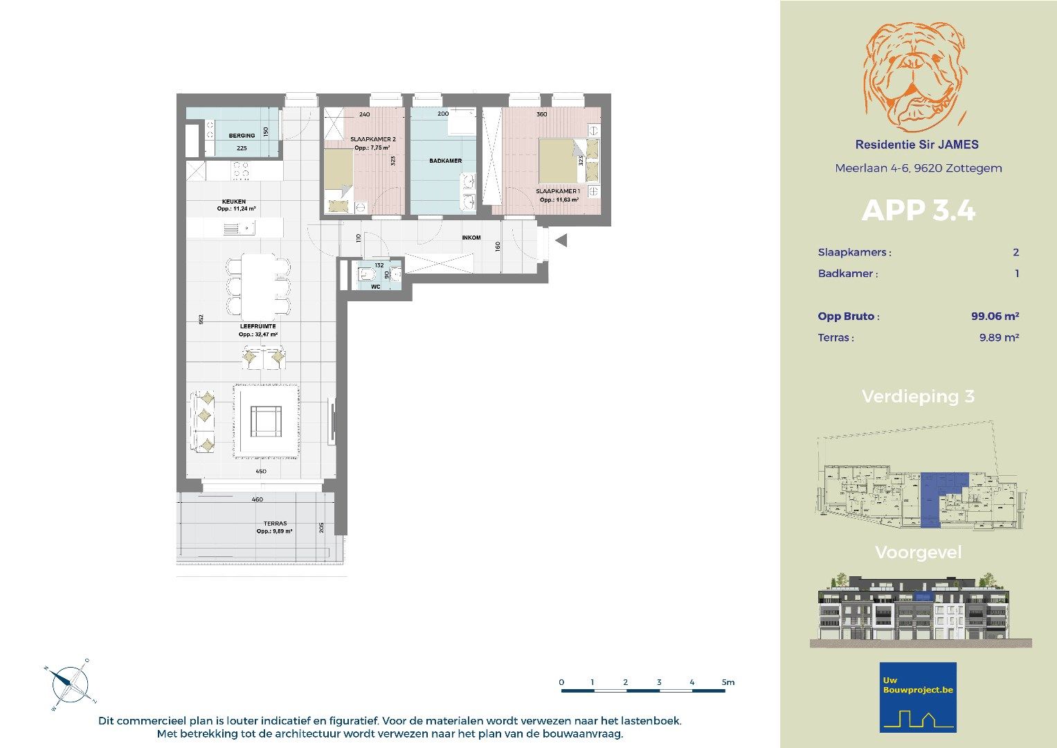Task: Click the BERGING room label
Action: [242, 136]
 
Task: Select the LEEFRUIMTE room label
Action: [258, 326]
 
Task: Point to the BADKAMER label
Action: [445, 161]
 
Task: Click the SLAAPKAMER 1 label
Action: [558, 191]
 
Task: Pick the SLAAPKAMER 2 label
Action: [372, 139]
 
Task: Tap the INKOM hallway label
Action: [471, 238]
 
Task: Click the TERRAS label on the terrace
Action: [275, 524]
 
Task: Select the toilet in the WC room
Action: [364, 276]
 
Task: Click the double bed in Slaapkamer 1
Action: [559, 160]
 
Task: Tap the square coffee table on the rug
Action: [266, 421]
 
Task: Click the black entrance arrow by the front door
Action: [561, 240]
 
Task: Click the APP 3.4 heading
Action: [918, 211]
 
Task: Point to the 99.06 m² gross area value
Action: [994, 317]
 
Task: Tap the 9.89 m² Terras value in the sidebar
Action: [998, 338]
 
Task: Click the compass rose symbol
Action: [70, 684]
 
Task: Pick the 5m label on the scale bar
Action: [728, 682]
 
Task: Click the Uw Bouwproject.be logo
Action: [918, 697]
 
